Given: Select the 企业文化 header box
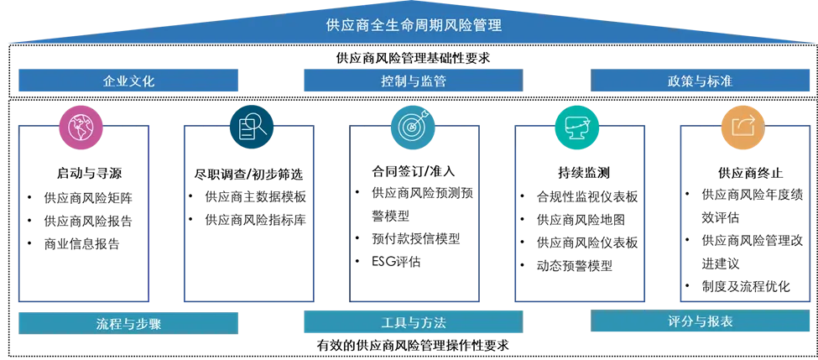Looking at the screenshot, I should pos(128,81).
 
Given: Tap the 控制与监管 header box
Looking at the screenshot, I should pos(413,81).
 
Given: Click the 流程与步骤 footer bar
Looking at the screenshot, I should pos(128,323).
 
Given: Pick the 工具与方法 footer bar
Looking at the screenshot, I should pos(413,322).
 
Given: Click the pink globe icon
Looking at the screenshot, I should pos(81,128).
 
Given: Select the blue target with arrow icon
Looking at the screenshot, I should pos(414,128).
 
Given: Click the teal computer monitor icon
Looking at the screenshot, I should pos(577,128).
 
